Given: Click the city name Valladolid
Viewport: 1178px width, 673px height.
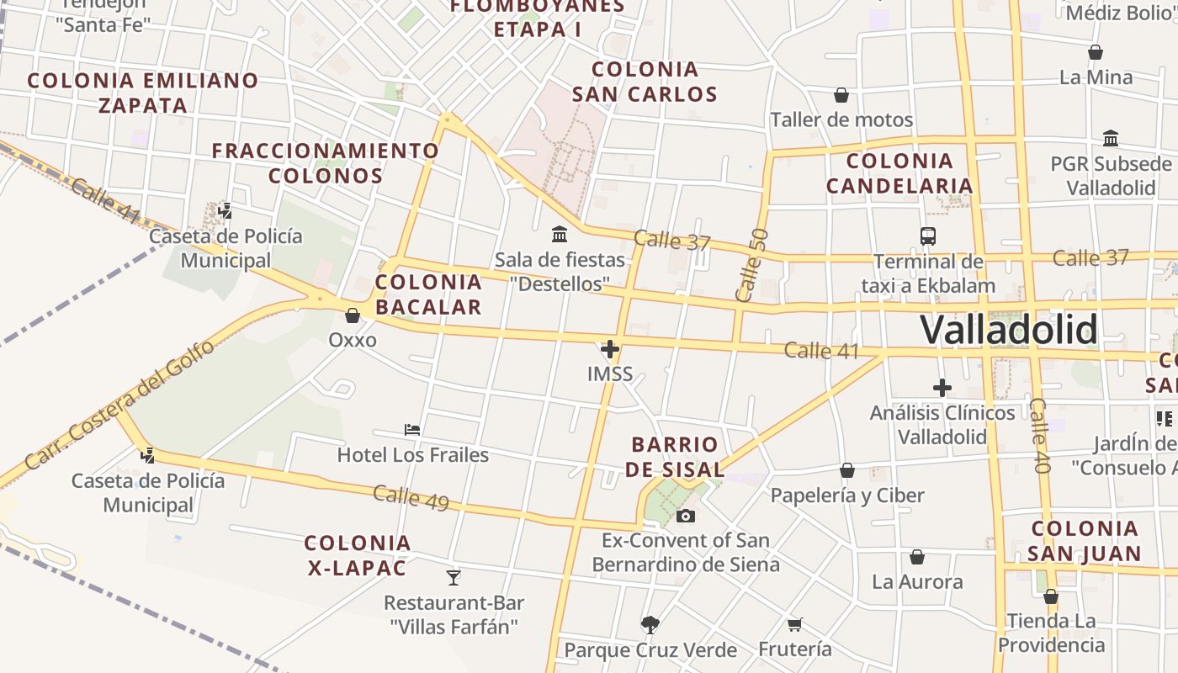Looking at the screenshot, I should [1008, 330].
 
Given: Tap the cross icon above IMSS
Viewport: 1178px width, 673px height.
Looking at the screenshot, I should [610, 348].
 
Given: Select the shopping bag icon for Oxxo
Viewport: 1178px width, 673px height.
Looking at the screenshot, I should [353, 315].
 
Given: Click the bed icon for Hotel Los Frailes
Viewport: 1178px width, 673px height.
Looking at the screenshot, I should [412, 430].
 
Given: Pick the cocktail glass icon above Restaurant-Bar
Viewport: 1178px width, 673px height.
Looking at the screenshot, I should [454, 577].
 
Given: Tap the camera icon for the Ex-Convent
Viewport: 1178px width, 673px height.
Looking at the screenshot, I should [686, 516].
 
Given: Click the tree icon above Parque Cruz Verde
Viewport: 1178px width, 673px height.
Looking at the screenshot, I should [650, 624].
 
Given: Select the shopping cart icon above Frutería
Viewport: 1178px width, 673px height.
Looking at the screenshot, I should [794, 624].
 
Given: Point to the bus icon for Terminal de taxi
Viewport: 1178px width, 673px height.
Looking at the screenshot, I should [928, 236].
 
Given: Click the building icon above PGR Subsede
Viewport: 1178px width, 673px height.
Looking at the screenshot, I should [1111, 138].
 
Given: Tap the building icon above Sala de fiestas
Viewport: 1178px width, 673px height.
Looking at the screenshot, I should [560, 234].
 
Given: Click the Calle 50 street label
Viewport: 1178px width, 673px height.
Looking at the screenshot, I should [751, 265].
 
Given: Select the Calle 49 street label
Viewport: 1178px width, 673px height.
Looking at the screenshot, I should [411, 497].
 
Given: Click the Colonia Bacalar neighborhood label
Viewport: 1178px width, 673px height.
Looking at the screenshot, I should [428, 294].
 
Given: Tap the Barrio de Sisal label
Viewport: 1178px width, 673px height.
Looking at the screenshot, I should [675, 457].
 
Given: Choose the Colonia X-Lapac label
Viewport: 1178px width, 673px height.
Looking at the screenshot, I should [358, 555].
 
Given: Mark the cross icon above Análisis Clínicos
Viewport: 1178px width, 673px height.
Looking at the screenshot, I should [942, 388].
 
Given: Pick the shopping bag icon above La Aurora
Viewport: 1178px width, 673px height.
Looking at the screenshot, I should [917, 557].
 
